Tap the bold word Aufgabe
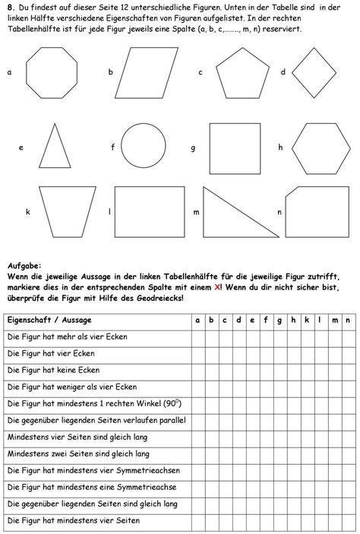28,266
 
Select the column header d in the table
238,321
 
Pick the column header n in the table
346,321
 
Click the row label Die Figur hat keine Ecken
53,370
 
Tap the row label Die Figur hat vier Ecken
50,353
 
